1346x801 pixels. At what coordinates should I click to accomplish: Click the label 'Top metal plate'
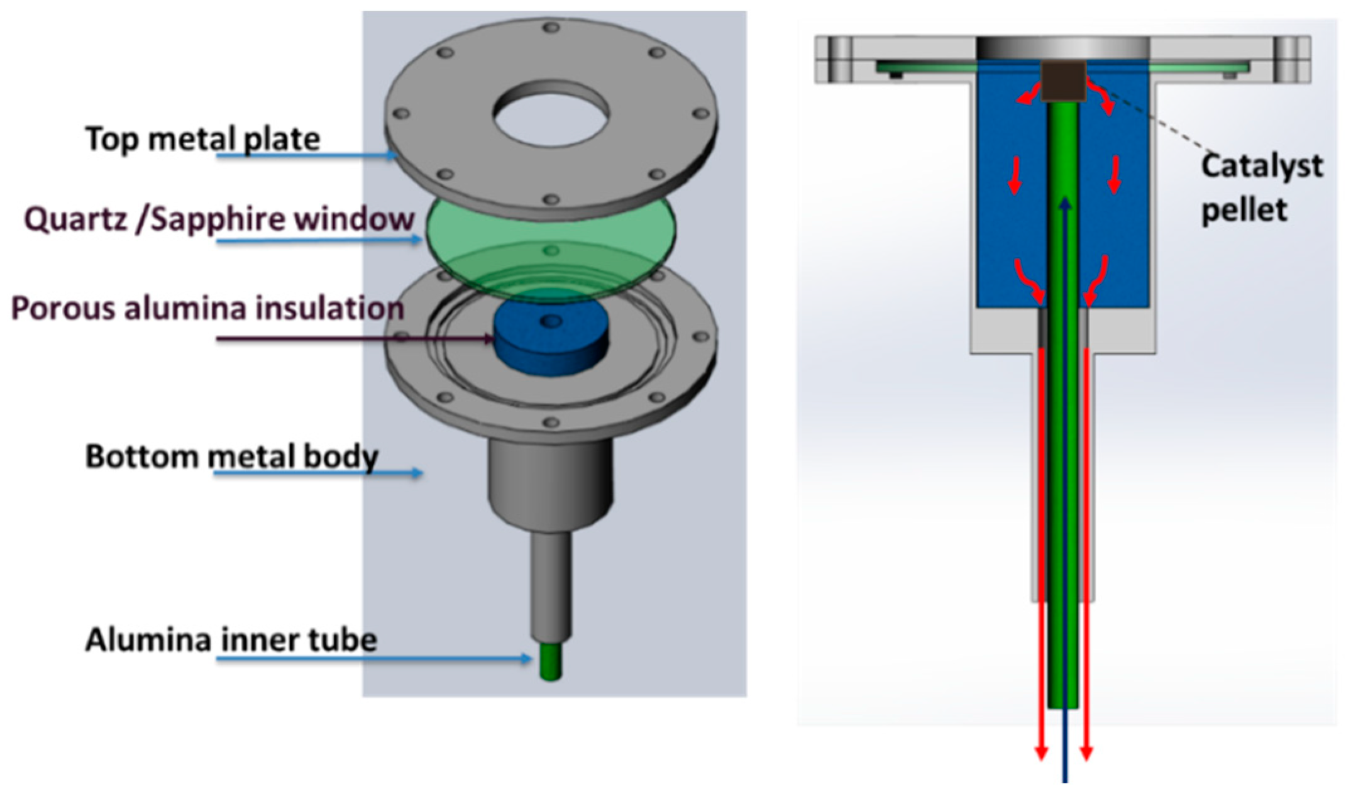click(202, 138)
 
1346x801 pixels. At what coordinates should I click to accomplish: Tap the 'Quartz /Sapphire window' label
click(219, 219)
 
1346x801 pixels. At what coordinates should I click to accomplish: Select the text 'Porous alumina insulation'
click(207, 309)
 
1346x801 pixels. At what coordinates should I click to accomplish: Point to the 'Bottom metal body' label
click(231, 456)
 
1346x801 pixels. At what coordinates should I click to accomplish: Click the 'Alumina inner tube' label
click(231, 639)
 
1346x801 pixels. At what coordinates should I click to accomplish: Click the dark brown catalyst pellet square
click(1063, 81)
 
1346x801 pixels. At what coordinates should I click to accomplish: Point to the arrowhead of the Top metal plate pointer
click(392, 155)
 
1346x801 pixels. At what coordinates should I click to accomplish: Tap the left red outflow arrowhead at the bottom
click(1041, 752)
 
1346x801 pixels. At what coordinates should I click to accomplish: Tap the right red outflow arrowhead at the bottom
click(1086, 752)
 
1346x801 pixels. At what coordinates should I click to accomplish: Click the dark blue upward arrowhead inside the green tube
click(1064, 204)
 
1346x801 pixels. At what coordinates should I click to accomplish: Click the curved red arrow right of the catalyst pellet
click(1101, 97)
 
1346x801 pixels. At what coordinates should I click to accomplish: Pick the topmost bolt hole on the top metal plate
click(551, 28)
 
